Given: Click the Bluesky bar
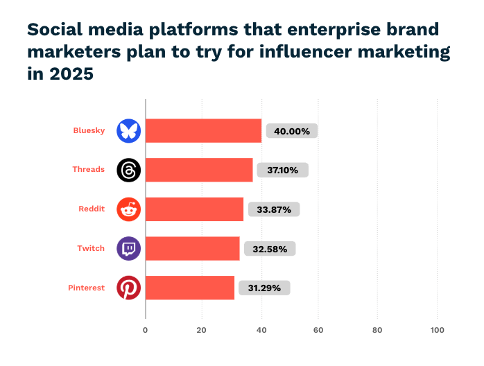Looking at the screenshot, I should [x=203, y=130].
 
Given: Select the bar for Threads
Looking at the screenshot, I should [x=199, y=170].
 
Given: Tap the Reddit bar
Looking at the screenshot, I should [x=194, y=209].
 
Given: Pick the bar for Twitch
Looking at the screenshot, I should [x=192, y=248].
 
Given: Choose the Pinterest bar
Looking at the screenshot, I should [x=190, y=288].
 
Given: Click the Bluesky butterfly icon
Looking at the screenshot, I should [x=128, y=130].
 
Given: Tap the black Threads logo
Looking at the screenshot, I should [x=128, y=170].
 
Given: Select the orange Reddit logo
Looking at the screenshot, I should [x=128, y=209].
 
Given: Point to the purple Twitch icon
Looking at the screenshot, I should [x=128, y=248].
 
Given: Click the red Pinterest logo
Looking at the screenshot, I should [x=128, y=288].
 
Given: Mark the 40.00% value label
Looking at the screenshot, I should [x=291, y=130].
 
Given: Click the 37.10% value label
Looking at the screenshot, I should [x=282, y=170].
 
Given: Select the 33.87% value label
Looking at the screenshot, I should [x=273, y=209].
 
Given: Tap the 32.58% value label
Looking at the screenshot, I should [x=269, y=248].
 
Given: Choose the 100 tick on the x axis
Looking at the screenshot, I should [x=437, y=330].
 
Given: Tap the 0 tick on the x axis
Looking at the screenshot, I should [x=146, y=330].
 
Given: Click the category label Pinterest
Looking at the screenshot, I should [x=86, y=288].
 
